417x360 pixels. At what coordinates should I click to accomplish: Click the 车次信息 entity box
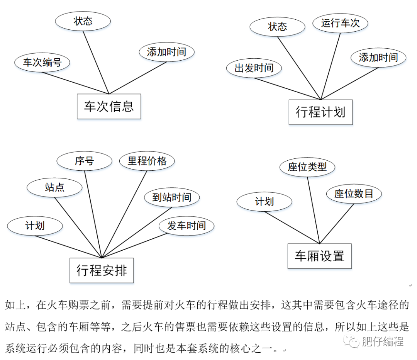(109, 106)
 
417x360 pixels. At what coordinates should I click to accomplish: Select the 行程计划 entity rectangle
(320, 112)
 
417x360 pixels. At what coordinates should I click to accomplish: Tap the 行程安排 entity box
(102, 270)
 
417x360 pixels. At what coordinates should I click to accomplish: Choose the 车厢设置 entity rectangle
(319, 256)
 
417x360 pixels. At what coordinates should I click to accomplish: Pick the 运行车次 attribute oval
(340, 23)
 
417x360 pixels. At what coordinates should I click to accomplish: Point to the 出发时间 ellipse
(254, 68)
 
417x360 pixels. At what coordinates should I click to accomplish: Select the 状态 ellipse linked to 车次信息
(83, 21)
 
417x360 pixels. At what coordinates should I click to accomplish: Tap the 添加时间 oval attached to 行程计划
(378, 58)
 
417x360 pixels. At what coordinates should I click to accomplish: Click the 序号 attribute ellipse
(84, 161)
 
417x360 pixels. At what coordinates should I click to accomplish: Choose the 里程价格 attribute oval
(147, 161)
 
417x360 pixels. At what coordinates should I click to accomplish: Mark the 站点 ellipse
(54, 188)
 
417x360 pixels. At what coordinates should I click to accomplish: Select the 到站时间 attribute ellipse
(172, 197)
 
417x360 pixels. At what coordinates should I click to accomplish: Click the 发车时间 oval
(186, 226)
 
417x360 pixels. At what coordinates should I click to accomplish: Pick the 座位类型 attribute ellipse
(307, 167)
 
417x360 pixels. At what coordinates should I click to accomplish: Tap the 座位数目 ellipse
(354, 194)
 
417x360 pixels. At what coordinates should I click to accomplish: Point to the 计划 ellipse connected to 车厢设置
(264, 202)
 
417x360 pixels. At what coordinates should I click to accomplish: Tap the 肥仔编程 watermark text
(382, 341)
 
